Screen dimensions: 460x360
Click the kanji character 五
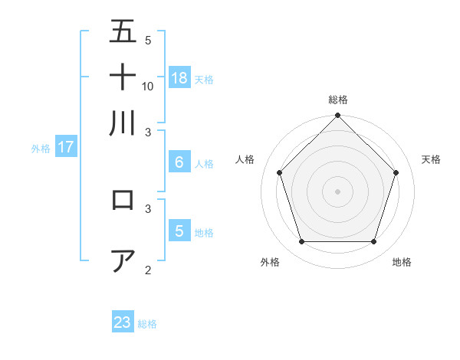click(x=123, y=31)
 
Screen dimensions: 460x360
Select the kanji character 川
click(x=123, y=123)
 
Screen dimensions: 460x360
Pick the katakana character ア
click(x=123, y=261)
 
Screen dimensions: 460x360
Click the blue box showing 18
click(x=179, y=77)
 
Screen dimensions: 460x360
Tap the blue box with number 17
click(x=66, y=147)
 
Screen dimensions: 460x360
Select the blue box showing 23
click(x=123, y=322)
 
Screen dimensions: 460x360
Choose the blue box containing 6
click(x=179, y=162)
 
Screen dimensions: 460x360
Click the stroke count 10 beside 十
click(x=148, y=86)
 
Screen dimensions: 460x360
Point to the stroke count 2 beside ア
click(x=148, y=270)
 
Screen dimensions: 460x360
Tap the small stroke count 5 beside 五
click(x=148, y=40)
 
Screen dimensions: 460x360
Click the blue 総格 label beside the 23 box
click(x=147, y=324)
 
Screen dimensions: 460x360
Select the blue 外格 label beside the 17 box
click(x=41, y=149)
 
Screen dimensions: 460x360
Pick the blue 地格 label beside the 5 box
click(x=204, y=233)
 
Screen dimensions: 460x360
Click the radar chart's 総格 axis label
click(x=338, y=100)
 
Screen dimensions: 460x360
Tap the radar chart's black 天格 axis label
click(x=432, y=159)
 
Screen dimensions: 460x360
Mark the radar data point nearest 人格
click(x=280, y=172)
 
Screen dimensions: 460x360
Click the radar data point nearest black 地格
click(x=374, y=241)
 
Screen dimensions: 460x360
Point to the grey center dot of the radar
click(x=338, y=191)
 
